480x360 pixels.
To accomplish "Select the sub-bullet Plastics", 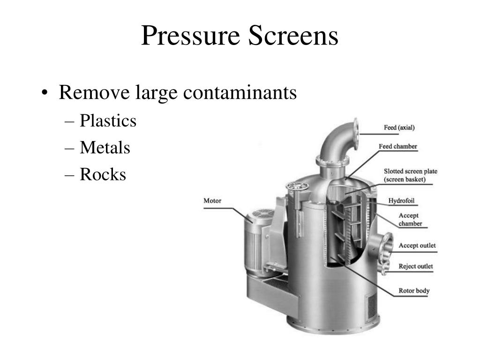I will coord(108,121).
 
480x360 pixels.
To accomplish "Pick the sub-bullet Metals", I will coord(105,148).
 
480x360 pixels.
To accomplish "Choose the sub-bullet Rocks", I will coord(103,175).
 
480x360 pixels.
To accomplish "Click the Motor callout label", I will coord(212,201).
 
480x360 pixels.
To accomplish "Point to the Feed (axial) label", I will coord(399,127).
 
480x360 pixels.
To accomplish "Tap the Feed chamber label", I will coord(398,147).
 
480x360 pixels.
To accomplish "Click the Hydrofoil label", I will coord(402,201).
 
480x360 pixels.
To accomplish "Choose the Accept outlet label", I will coord(417,246).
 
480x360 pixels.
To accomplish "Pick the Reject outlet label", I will coord(416,266).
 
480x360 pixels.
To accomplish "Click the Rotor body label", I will coord(414,291).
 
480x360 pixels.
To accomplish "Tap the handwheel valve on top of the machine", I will coord(298,186).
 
